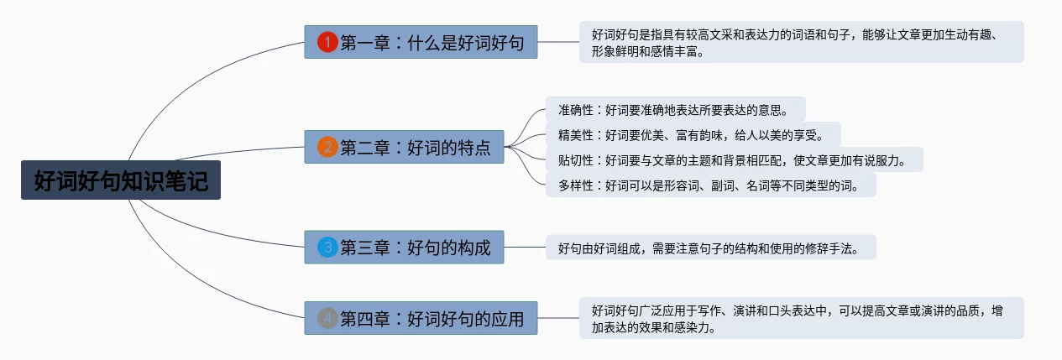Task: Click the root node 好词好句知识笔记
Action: click(x=121, y=180)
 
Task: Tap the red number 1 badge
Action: click(x=327, y=42)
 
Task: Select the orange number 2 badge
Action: click(x=327, y=148)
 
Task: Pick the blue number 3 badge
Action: click(x=327, y=248)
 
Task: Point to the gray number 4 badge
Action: click(x=327, y=319)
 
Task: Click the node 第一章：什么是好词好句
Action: click(x=421, y=42)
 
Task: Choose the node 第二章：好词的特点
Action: click(x=404, y=148)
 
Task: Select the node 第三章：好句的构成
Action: click(x=404, y=248)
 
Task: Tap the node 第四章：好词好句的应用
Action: click(x=421, y=319)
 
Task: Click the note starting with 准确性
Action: click(x=675, y=110)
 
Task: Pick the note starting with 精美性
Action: click(x=693, y=134)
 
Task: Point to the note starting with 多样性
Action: click(x=710, y=185)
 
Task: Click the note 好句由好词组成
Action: click(x=710, y=248)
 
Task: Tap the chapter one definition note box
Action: click(x=801, y=42)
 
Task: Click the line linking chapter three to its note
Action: click(x=525, y=248)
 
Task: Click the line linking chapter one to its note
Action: click(x=558, y=42)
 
